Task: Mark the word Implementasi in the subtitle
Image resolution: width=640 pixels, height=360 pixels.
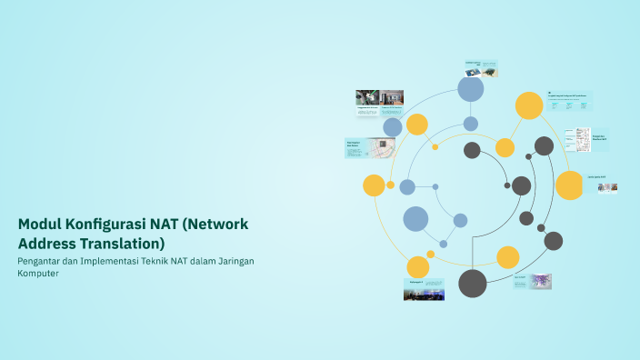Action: [125, 261]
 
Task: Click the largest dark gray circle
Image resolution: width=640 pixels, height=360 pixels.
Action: [473, 284]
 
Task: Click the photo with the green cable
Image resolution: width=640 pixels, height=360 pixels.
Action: [368, 97]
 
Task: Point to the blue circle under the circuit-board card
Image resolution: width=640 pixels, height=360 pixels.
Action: [471, 89]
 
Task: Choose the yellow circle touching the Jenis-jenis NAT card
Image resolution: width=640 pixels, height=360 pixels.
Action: [569, 185]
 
